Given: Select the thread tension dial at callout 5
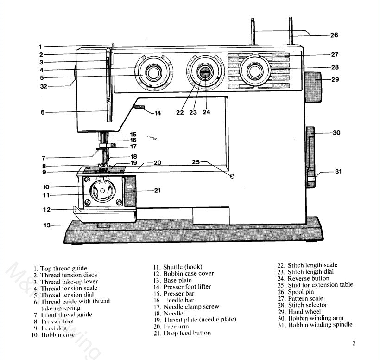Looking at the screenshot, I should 152,72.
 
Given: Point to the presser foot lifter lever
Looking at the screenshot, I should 139,108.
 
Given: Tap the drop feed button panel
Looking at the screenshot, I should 129,191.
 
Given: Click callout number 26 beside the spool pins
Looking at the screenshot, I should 334,35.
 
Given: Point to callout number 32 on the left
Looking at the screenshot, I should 44,86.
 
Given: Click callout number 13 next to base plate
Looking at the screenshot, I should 46,225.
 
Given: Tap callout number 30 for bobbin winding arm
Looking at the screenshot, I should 336,133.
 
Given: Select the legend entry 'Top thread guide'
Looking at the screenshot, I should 60,269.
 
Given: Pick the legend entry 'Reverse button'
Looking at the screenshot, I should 303,278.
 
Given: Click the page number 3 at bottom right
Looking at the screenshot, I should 354,344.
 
